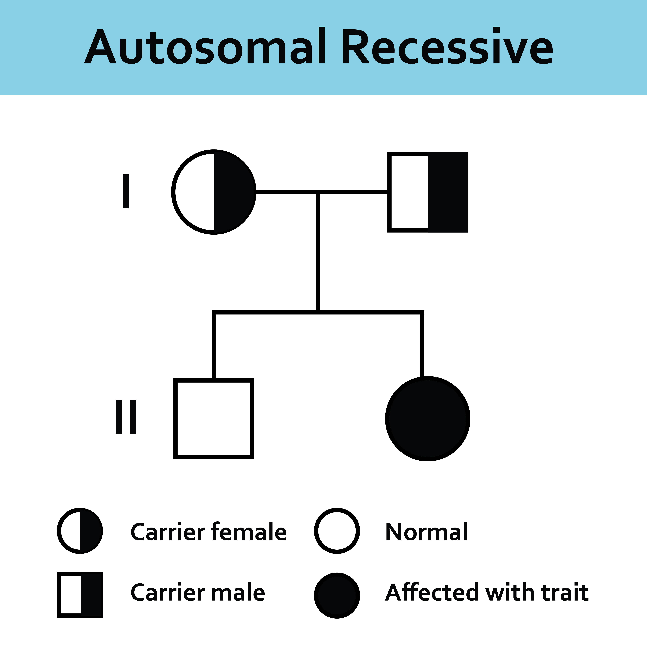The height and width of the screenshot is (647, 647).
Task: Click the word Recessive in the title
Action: pos(447,46)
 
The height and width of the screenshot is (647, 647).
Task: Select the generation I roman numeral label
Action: pos(126,191)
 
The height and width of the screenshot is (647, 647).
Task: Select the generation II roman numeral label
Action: pos(126,417)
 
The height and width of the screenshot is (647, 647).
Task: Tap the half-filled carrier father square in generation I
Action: pos(428,192)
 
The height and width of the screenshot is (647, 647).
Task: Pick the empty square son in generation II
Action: pos(214,419)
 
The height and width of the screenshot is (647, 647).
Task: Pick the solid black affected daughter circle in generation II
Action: pos(428,419)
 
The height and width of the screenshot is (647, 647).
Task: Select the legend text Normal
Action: pos(426,532)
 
